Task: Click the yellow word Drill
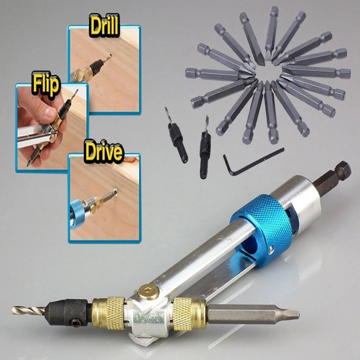104,26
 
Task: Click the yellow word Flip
45,84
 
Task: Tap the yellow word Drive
103,151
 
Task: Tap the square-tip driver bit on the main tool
252,313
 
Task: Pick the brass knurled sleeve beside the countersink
108,310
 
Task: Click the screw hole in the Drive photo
115,190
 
